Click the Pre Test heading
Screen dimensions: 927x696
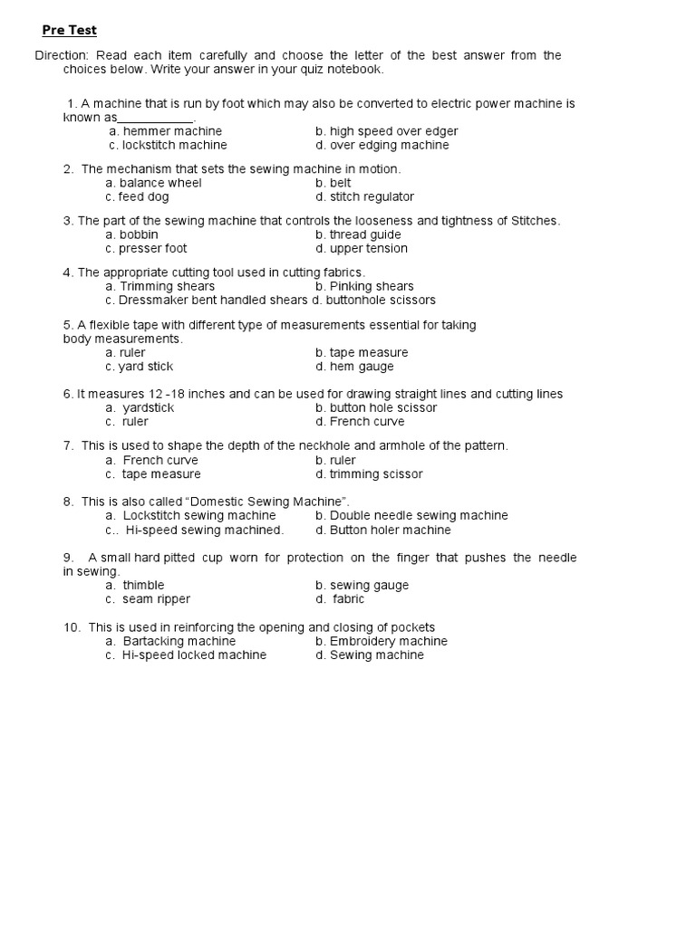pos(70,31)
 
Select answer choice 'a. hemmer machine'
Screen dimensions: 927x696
pos(165,131)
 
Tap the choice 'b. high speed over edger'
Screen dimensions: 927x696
pos(387,131)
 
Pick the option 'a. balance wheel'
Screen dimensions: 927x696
pos(153,183)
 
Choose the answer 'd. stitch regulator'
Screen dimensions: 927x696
pos(364,196)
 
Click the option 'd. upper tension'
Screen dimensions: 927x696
pos(362,248)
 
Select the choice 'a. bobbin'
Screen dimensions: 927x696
pos(131,234)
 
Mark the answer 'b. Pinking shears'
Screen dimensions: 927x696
pos(364,286)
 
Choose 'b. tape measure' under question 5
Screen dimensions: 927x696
pos(362,352)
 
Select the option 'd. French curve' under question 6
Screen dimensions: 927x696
pos(360,421)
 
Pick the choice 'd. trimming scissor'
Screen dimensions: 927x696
pos(369,473)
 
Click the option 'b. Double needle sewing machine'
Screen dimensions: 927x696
pos(411,515)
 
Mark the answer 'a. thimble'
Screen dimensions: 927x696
pos(135,585)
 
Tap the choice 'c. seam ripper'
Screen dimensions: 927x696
pos(148,598)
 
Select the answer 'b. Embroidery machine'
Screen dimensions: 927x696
pos(382,641)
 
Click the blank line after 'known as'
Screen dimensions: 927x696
pos(156,119)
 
